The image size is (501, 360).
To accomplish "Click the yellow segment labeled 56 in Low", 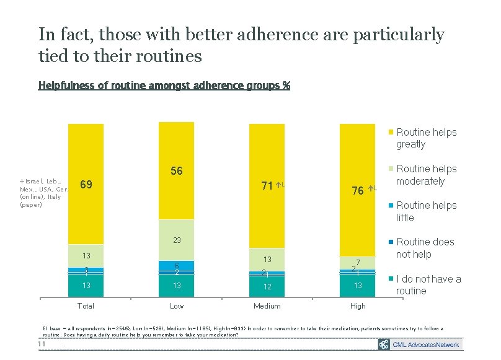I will tap(176, 170).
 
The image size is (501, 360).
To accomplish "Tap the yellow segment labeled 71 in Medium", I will tap(267, 185).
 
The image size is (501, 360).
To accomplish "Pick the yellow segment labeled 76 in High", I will tap(357, 190).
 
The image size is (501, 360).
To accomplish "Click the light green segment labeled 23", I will tap(176, 240).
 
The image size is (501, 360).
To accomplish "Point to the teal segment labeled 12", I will tap(267, 286).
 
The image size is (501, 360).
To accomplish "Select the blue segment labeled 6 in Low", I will tap(176, 265).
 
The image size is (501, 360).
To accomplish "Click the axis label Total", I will tap(86, 306).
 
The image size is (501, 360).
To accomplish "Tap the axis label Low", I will tap(176, 306).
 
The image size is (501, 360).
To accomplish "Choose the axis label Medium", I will tap(267, 306).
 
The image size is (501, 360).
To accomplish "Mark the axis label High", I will tap(357, 306).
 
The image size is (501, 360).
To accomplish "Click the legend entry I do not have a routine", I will tap(428, 284).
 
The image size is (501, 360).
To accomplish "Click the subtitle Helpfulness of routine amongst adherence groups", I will tap(164, 85).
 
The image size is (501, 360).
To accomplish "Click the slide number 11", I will tap(43, 344).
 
